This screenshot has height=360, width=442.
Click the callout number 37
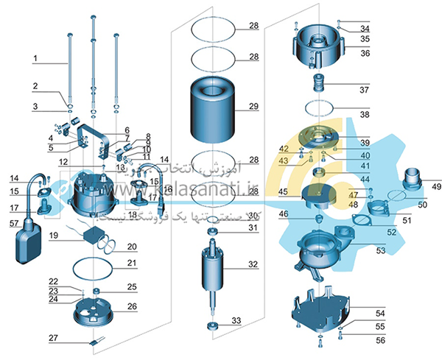pyautogui.click(x=364, y=91)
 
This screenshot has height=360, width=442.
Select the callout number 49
pyautogui.click(x=427, y=186)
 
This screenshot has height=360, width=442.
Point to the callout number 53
pyautogui.click(x=380, y=250)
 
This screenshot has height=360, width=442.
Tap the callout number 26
pyautogui.click(x=132, y=306)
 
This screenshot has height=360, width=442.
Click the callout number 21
pyautogui.click(x=131, y=263)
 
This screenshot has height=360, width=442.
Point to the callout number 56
pyautogui.click(x=380, y=340)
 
